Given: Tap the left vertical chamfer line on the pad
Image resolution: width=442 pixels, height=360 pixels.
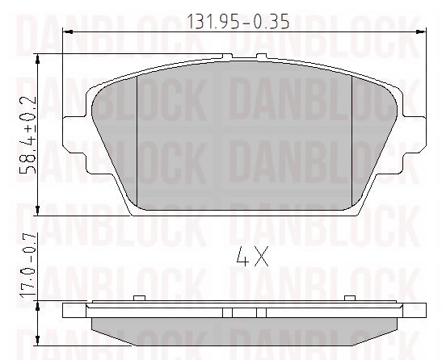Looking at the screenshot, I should pos(139,137).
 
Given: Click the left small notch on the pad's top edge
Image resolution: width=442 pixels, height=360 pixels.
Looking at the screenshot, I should pos(231,57).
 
